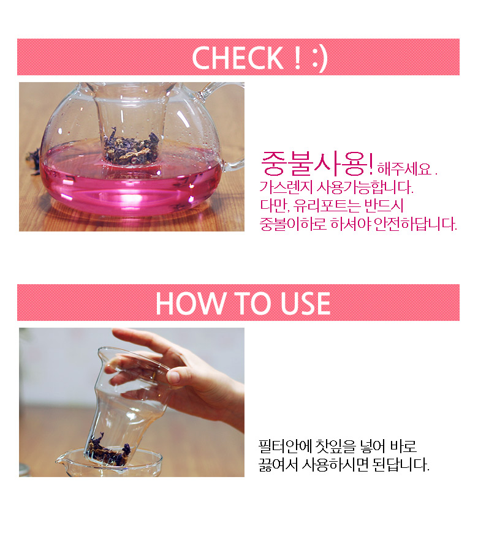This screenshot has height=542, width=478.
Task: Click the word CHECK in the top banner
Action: click(238, 58)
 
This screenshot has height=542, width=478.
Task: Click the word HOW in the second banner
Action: click(190, 303)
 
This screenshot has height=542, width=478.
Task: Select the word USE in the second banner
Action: click(305, 303)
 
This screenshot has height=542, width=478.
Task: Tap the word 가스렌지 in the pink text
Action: click(286, 187)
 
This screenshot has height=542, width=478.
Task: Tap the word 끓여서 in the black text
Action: click(278, 465)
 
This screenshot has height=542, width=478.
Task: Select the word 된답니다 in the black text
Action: click(401, 465)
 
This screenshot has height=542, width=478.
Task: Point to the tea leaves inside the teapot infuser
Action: click(132, 148)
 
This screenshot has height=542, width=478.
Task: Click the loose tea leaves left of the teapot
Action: click(34, 161)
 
